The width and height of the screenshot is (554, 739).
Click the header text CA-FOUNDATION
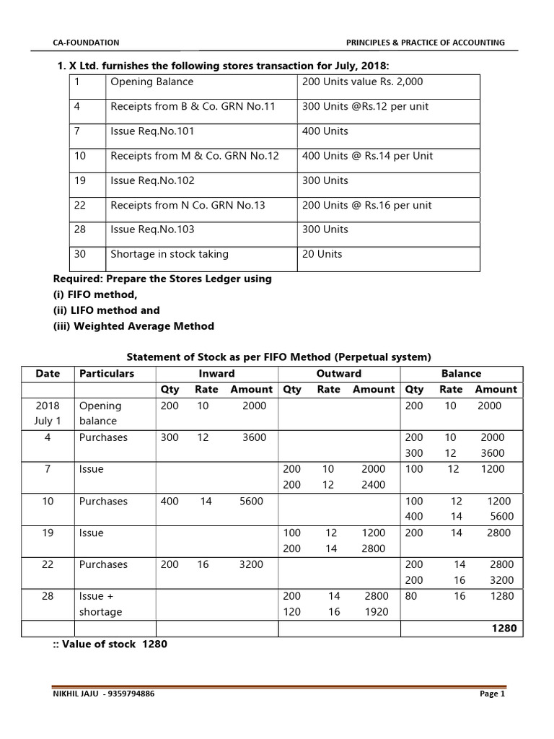click(x=87, y=43)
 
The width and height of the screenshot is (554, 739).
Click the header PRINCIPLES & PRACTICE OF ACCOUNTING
click(x=426, y=43)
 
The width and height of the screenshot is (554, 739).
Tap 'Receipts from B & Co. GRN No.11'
click(x=193, y=107)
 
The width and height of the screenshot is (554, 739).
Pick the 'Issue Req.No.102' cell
click(x=152, y=180)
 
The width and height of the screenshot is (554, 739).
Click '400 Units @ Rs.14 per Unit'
click(x=367, y=156)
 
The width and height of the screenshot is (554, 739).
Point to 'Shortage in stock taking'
click(x=170, y=254)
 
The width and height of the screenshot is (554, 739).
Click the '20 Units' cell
click(x=322, y=254)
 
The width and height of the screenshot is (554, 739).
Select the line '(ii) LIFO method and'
click(x=107, y=310)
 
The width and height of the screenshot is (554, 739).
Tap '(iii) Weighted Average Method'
click(x=134, y=326)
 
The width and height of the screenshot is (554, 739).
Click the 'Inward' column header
click(x=216, y=374)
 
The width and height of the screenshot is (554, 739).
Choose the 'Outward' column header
click(x=339, y=374)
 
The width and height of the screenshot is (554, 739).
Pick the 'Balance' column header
click(x=461, y=374)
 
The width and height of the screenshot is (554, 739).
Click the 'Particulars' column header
click(x=107, y=374)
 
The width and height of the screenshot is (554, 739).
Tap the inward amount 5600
click(x=251, y=502)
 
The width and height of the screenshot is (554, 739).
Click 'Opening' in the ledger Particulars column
click(x=100, y=406)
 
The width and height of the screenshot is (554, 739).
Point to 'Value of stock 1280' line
click(x=110, y=644)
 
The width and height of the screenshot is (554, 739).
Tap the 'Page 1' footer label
click(x=492, y=694)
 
